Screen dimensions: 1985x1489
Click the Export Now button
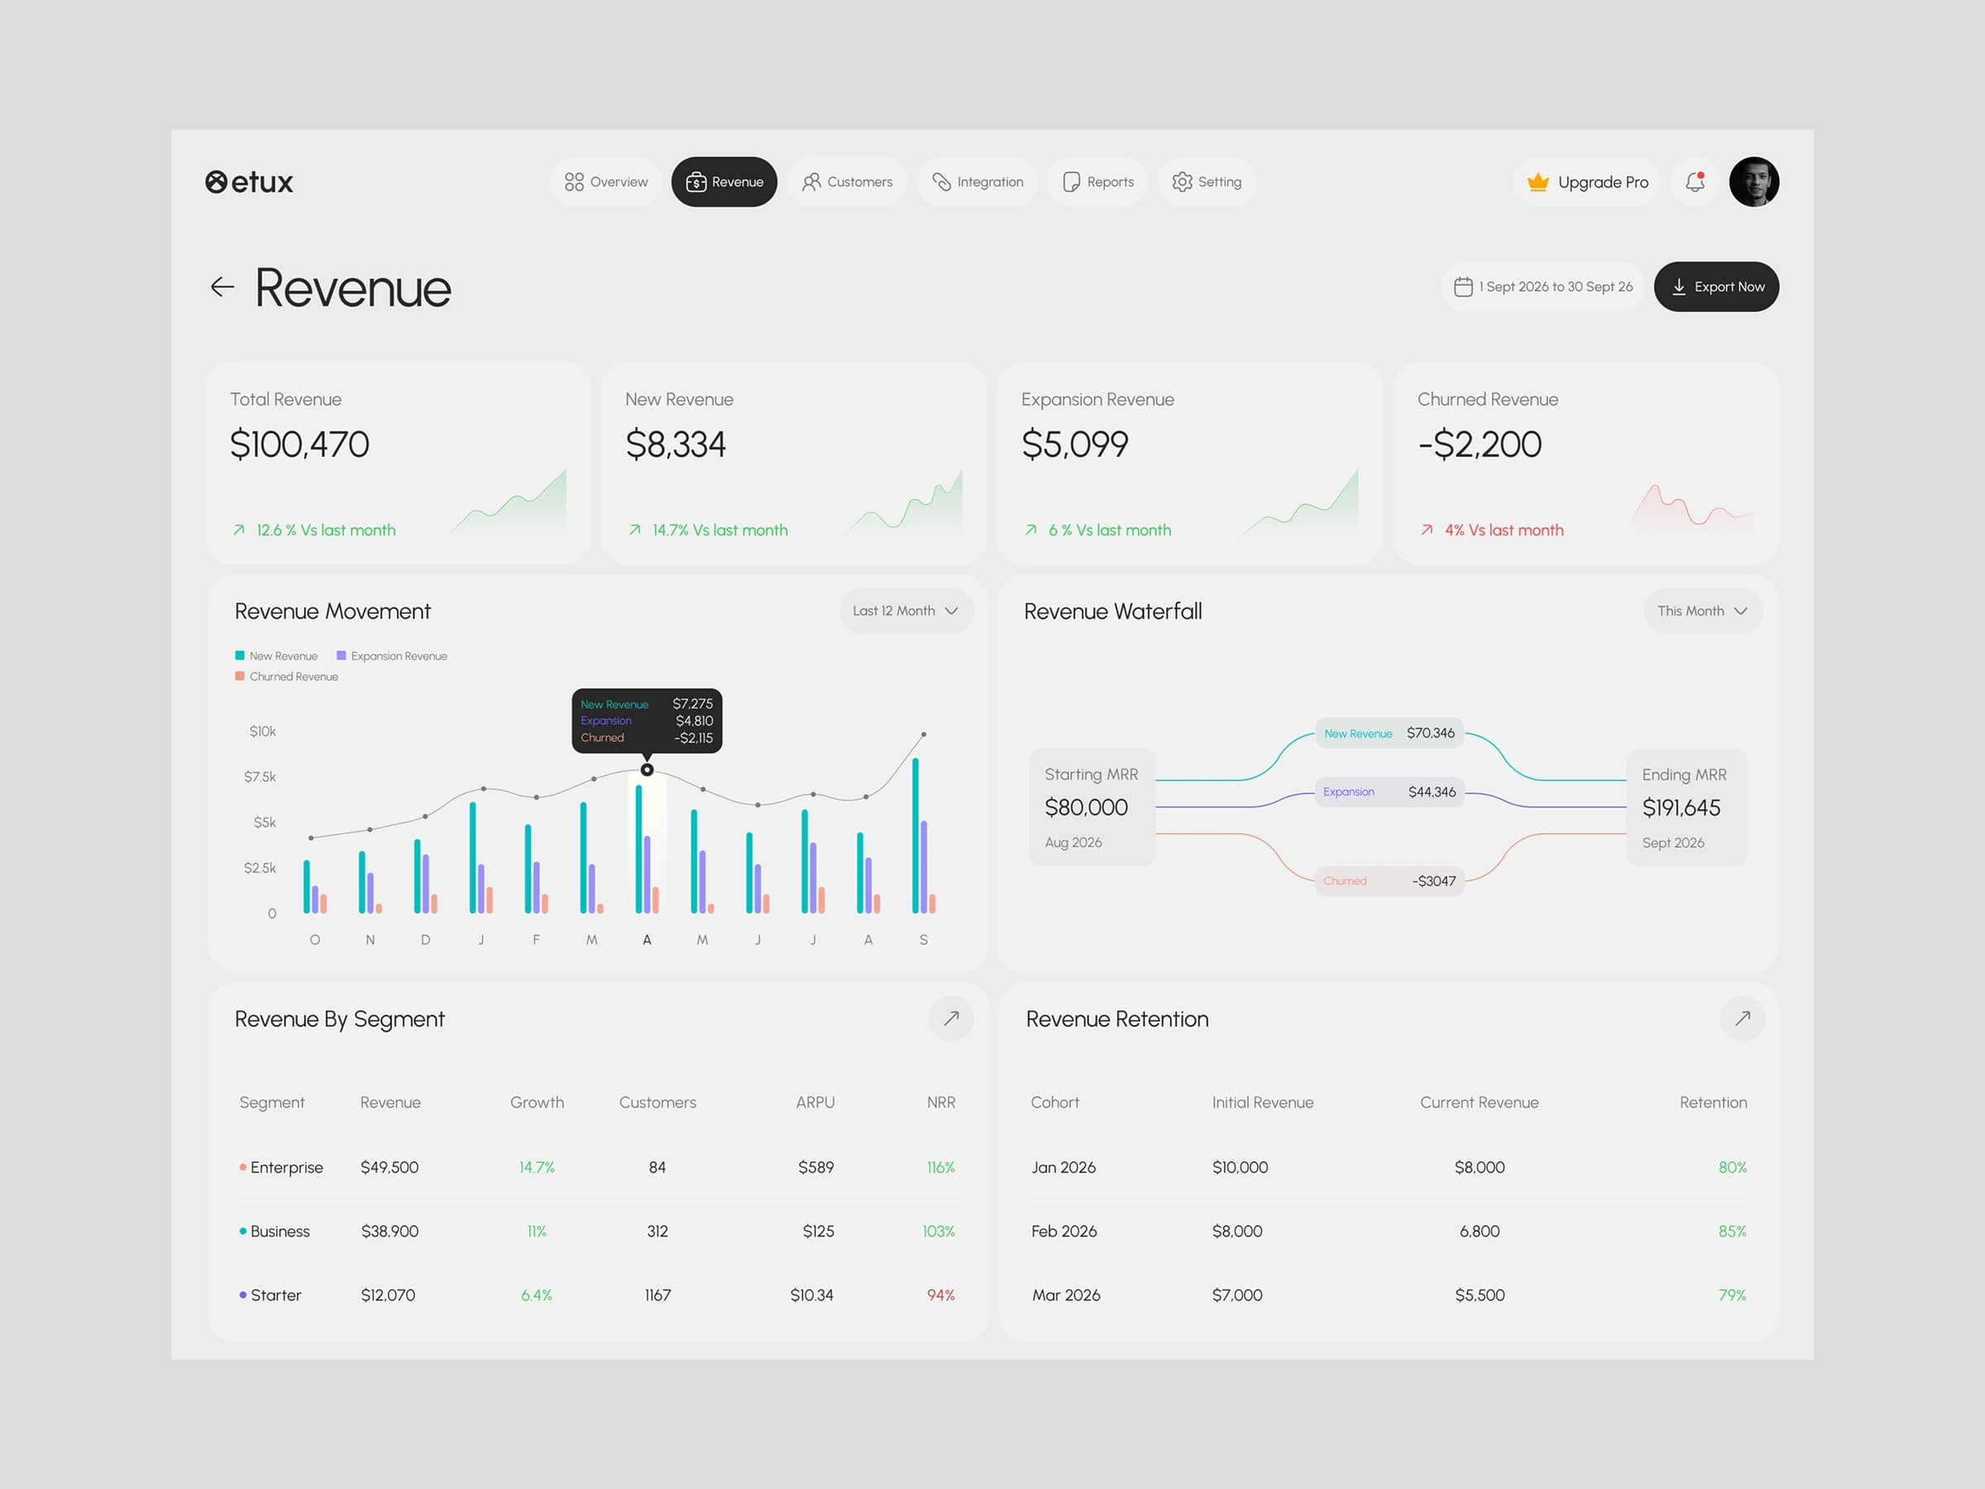(x=1716, y=286)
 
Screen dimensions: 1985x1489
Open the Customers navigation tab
(x=846, y=182)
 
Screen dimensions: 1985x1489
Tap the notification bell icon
(x=1694, y=182)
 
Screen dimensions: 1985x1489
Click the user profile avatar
(x=1753, y=182)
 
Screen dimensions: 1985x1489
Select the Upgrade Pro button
(x=1586, y=182)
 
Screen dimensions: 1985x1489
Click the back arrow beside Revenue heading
(x=222, y=287)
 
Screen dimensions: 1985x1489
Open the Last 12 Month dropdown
(x=906, y=611)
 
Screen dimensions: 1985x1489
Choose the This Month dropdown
(x=1702, y=611)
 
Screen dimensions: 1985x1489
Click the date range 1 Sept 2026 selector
(x=1542, y=286)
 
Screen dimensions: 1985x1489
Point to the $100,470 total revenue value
(x=299, y=444)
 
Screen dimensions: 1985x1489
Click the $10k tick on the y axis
(x=263, y=731)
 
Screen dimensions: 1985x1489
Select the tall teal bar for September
(x=916, y=835)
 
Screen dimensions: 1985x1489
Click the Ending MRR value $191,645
(x=1681, y=807)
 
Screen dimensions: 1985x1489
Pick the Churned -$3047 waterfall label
(x=1389, y=881)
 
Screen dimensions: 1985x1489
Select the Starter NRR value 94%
(x=940, y=1295)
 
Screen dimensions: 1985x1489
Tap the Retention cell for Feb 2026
(x=1732, y=1232)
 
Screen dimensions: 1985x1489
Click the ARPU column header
(x=815, y=1102)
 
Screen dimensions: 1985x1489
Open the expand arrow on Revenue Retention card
(x=1742, y=1018)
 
